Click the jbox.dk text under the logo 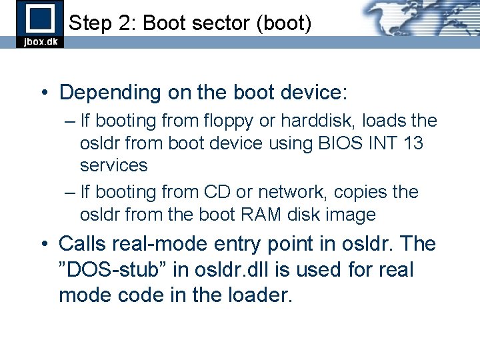[x=41, y=41]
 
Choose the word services [x=113, y=165]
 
